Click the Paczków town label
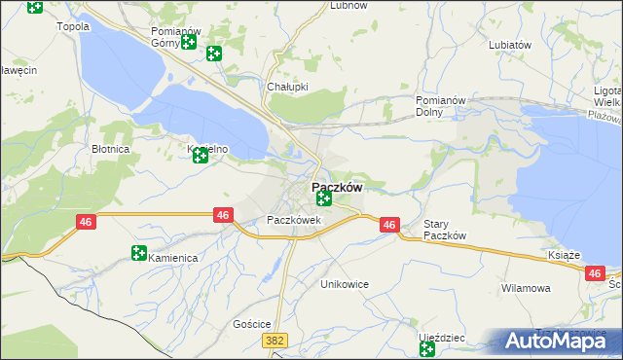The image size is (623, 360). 337,187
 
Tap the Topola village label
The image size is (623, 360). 74,26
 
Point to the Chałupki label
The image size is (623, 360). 287,86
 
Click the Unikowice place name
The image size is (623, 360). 344,284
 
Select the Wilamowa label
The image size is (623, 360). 526,289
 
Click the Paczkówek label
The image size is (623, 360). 294,220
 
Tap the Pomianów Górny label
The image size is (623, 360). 175,37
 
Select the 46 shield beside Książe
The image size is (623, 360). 595,274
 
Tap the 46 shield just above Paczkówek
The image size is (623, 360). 224,215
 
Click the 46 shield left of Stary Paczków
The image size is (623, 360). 389,225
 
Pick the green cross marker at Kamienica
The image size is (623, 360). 139,254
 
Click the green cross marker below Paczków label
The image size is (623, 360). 324,198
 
